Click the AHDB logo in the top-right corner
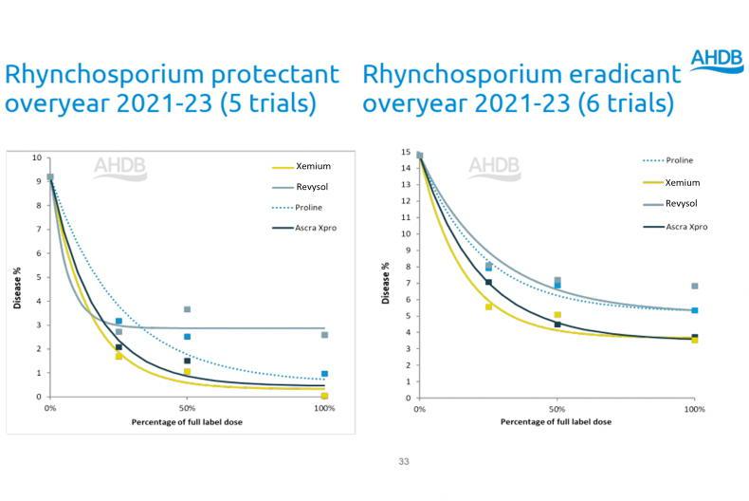(717, 59)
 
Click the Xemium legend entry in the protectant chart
(312, 167)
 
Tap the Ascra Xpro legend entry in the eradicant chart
(686, 227)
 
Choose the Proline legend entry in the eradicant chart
(680, 160)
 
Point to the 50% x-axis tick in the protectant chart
(187, 406)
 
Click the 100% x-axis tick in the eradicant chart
(694, 408)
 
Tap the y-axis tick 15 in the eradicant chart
(405, 153)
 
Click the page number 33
(404, 462)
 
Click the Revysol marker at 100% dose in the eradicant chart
(694, 286)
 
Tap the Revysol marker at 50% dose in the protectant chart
(187, 309)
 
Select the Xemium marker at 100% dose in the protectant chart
(324, 396)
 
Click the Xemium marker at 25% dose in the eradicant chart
(488, 306)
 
